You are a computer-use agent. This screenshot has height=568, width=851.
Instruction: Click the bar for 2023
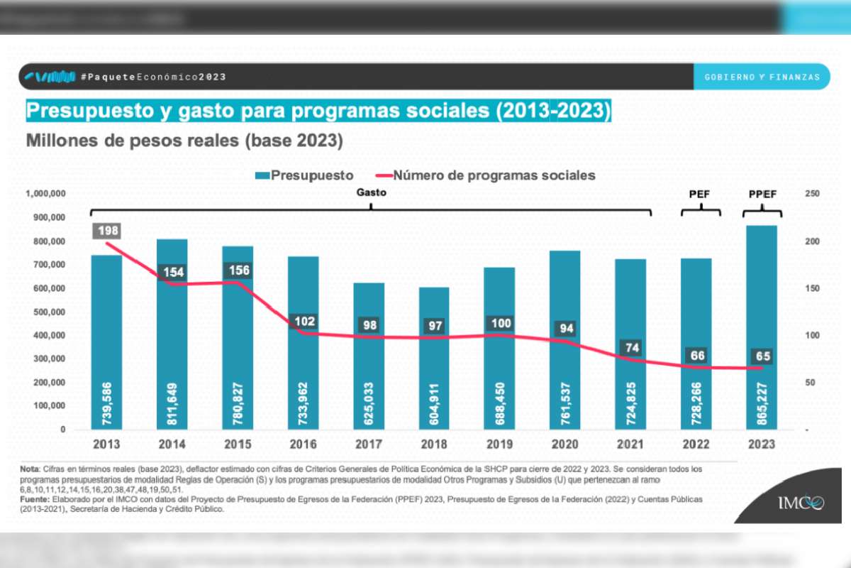point(762,327)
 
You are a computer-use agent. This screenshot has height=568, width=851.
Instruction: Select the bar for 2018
point(434,358)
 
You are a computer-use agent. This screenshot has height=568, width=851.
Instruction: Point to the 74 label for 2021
point(631,348)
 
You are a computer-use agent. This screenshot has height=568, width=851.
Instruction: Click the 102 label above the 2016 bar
point(304,321)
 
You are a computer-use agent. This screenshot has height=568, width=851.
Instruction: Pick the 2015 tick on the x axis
point(238,444)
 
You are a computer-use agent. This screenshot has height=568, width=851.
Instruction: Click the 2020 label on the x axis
point(565,444)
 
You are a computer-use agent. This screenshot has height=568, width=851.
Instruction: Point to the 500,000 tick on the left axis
point(46,312)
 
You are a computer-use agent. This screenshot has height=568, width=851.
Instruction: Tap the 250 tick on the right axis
point(812,194)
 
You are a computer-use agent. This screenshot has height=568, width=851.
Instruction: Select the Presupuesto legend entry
point(304,175)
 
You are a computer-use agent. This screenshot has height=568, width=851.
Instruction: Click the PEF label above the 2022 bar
point(700,194)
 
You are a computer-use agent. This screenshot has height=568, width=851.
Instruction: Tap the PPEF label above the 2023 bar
point(762,194)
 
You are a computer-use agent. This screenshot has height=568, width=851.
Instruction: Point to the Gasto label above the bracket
point(372,192)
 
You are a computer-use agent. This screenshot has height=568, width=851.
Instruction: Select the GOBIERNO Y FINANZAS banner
point(762,77)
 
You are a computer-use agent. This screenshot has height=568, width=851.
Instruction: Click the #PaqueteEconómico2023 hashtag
point(153,77)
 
